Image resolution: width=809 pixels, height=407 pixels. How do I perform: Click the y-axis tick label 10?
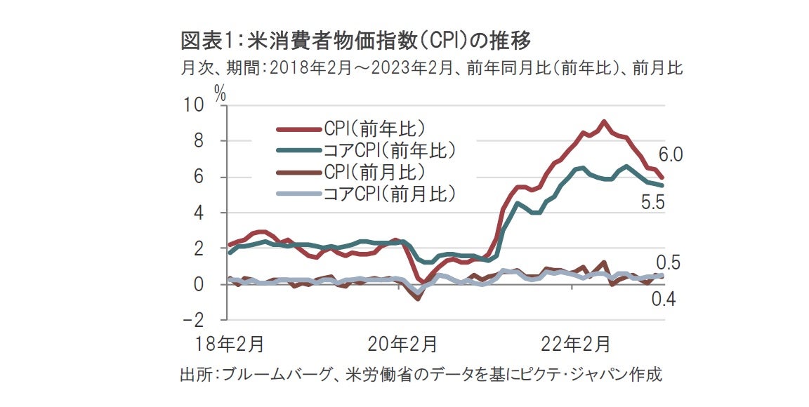[x=194, y=106]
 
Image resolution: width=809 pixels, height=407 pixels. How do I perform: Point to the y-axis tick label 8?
[x=199, y=142]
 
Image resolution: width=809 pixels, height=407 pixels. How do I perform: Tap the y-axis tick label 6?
[x=199, y=178]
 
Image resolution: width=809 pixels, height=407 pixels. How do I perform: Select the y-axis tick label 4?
[x=199, y=213]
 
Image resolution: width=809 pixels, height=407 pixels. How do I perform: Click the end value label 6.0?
[x=671, y=155]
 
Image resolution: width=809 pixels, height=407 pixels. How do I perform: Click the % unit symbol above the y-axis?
[x=220, y=94]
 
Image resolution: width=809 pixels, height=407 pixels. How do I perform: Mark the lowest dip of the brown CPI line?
[x=419, y=299]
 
